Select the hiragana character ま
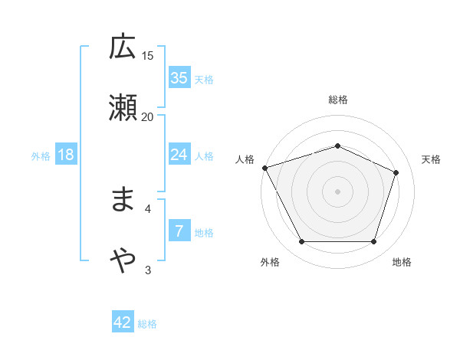click(x=123, y=201)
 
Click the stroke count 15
click(x=148, y=55)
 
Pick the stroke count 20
click(x=148, y=116)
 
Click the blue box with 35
click(x=179, y=78)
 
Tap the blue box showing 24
click(x=179, y=155)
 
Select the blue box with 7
click(x=179, y=231)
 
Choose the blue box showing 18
click(x=66, y=155)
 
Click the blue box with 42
click(x=123, y=323)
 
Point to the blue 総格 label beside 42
click(x=147, y=324)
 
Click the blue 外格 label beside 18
click(x=41, y=155)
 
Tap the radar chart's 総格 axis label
click(x=337, y=100)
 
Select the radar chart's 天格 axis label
click(x=432, y=159)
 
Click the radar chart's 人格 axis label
click(x=245, y=159)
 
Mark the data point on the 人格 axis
click(x=264, y=168)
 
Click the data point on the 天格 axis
click(x=396, y=172)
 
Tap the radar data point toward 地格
click(x=373, y=242)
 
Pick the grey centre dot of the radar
click(x=337, y=191)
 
